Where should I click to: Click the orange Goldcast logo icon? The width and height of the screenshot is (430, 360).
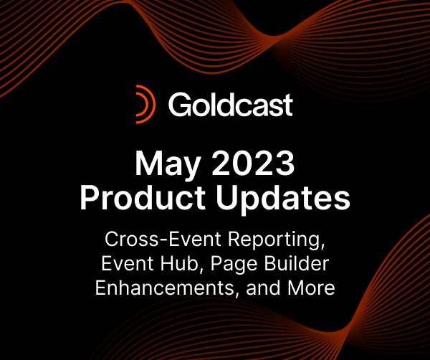(146, 105)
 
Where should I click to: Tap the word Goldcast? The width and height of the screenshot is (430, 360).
(230, 105)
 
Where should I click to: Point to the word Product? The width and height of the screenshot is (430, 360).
(139, 197)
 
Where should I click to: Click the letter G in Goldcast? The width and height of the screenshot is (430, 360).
(179, 105)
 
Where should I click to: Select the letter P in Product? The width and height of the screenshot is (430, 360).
(89, 197)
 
